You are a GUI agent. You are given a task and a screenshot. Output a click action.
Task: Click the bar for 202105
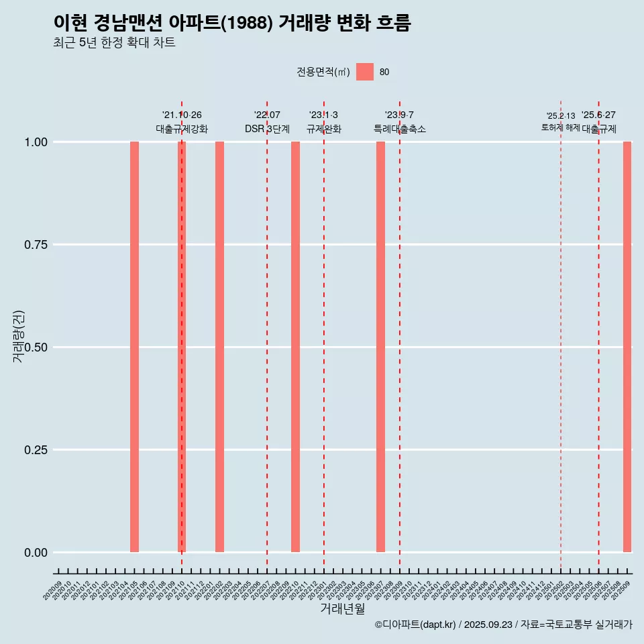[x=134, y=347]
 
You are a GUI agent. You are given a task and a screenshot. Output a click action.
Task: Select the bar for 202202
[x=219, y=347]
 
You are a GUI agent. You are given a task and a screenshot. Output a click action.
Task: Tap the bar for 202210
[x=295, y=347]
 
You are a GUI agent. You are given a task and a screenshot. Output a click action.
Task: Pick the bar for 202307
[x=380, y=347]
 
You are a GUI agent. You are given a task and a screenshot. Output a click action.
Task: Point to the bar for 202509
[x=627, y=347]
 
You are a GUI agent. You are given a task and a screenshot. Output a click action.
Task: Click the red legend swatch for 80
[x=365, y=72]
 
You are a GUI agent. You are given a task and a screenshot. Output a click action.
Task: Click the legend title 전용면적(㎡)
[x=323, y=72]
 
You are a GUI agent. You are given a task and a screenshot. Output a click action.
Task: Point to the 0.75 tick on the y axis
[x=35, y=245]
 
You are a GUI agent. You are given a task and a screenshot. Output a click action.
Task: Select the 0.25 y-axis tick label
[x=35, y=449]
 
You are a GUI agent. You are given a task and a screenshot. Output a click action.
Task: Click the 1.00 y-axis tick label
[x=35, y=142]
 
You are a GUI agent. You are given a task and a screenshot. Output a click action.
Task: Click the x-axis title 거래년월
[x=343, y=608]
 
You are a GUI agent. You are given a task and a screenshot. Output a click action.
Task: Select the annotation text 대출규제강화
[x=182, y=129]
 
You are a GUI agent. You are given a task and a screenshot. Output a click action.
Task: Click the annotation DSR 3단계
[x=267, y=129]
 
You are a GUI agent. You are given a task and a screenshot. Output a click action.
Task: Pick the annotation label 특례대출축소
[x=400, y=129]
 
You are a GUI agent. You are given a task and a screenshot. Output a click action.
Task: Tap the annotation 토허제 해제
[x=560, y=127]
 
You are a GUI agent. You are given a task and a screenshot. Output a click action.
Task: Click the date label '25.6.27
[x=598, y=115]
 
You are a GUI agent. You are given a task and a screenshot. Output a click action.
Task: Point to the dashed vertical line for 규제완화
[x=324, y=335]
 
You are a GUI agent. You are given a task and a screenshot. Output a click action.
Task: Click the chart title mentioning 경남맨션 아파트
[x=232, y=23]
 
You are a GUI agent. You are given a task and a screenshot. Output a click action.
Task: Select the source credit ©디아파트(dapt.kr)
[x=415, y=625]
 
